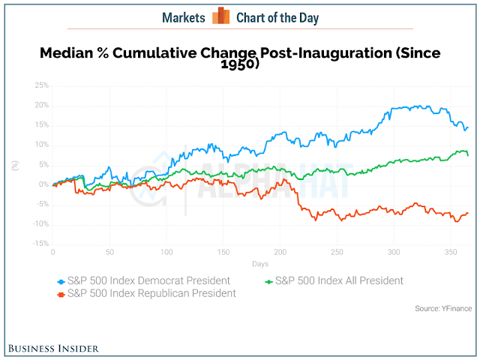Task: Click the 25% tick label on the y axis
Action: click(42, 85)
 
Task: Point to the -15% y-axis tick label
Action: click(41, 243)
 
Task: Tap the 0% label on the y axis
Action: click(43, 184)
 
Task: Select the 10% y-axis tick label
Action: click(42, 145)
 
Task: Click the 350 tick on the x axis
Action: click(451, 252)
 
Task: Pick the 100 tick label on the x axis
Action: click(166, 252)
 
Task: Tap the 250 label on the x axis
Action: click(337, 252)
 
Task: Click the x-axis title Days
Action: click(260, 264)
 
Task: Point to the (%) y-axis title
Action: click(15, 166)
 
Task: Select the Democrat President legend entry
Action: click(143, 280)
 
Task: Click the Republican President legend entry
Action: click(147, 293)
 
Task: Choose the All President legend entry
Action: click(334, 280)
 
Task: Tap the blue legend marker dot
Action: click(61, 282)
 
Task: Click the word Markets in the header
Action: click(184, 18)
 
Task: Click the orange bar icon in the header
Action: click(221, 15)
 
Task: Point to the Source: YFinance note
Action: click(443, 308)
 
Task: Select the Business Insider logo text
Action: click(53, 349)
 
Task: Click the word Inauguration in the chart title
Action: click(345, 53)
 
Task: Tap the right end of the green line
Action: click(468, 155)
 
